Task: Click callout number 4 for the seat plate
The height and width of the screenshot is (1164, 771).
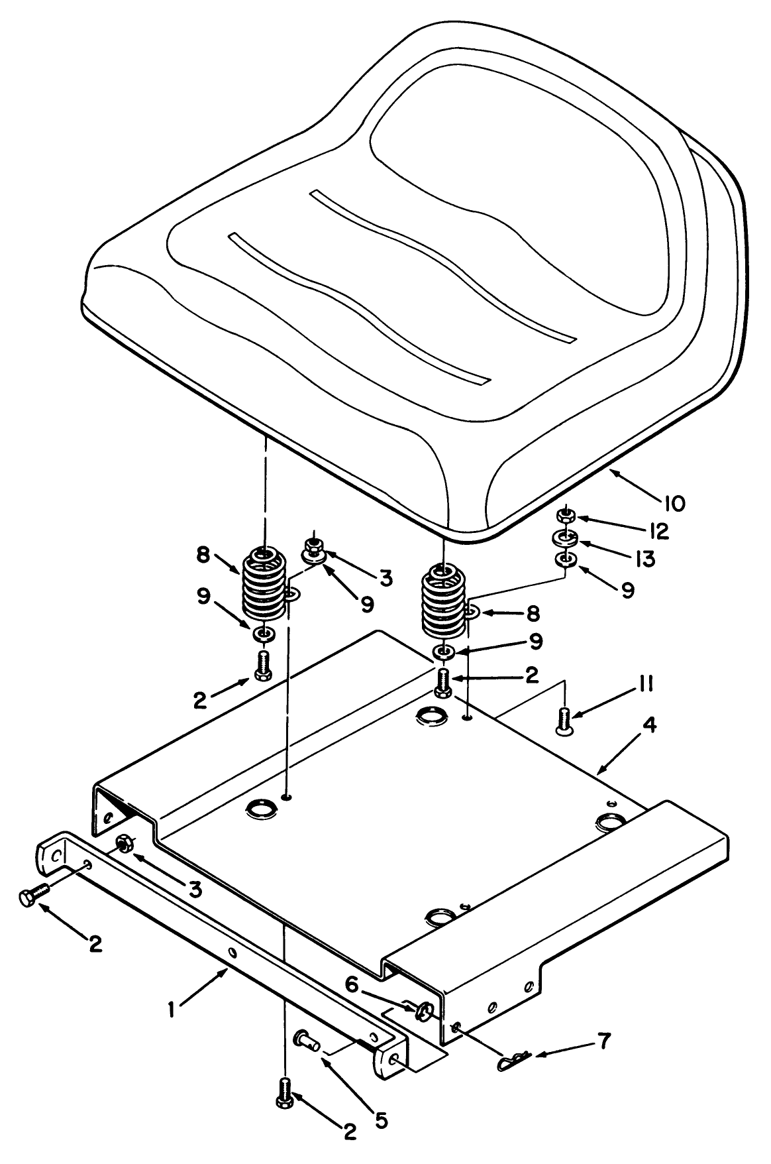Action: (x=649, y=727)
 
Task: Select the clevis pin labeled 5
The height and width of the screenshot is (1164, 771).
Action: (x=307, y=1038)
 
